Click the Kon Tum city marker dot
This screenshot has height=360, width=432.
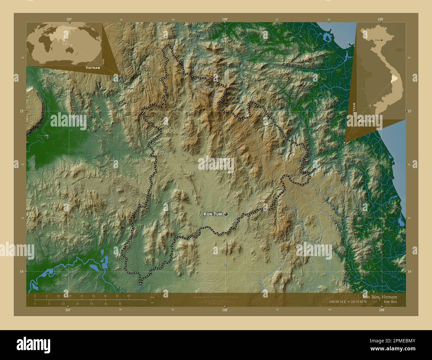(x=226, y=214)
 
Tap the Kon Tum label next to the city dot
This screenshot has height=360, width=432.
(x=213, y=214)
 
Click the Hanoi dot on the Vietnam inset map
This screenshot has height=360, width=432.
(x=382, y=40)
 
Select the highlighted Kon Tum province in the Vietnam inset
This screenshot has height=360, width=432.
(x=394, y=78)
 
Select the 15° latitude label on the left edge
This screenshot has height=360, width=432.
(x=21, y=111)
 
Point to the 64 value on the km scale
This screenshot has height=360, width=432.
(x=129, y=296)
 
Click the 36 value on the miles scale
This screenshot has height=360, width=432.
(x=120, y=304)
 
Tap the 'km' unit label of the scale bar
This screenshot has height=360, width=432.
(x=152, y=297)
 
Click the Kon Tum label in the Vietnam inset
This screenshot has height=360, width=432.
(x=366, y=121)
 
